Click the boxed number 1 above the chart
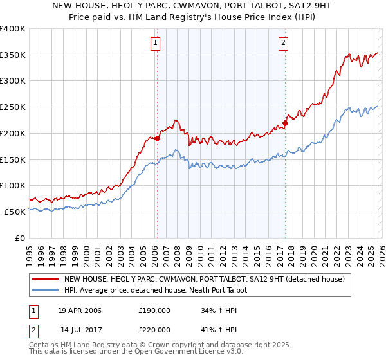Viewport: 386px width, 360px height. click(156, 43)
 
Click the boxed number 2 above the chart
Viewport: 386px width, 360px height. click(284, 43)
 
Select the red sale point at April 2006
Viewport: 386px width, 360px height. click(157, 138)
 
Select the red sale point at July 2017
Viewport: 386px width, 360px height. click(285, 123)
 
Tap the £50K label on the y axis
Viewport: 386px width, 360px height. click(14, 212)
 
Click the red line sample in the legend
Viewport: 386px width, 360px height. click(46, 279)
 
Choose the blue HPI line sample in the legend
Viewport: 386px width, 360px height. click(46, 291)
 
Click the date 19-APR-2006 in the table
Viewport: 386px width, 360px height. click(80, 311)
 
